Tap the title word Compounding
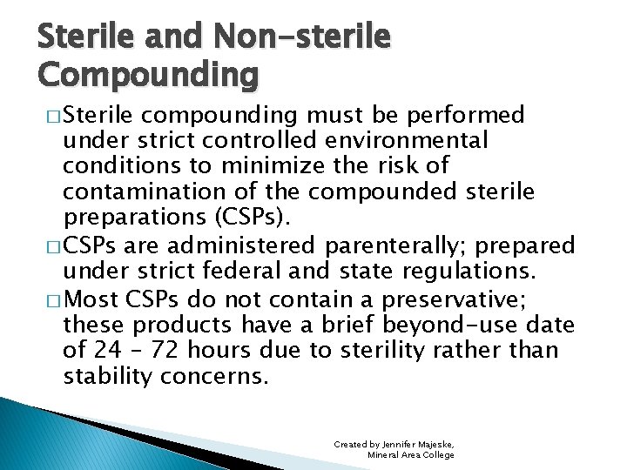pyautogui.click(x=148, y=75)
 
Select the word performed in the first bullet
pyautogui.click(x=473, y=115)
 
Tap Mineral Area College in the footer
pyautogui.click(x=410, y=454)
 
